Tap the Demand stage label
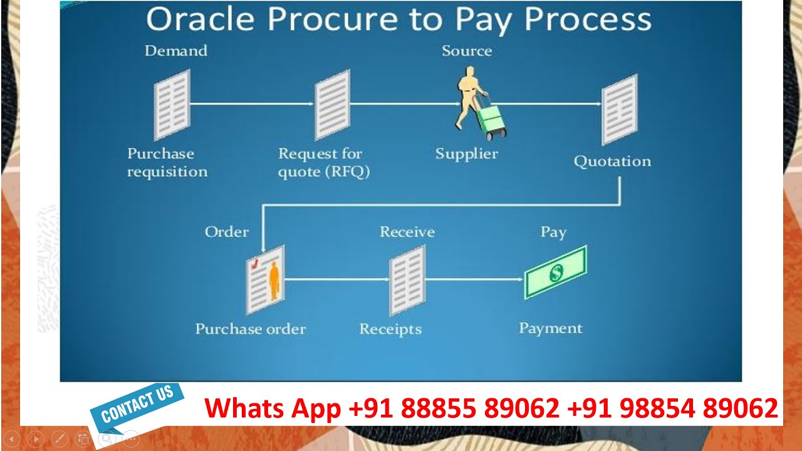click(175, 51)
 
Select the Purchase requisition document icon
click(172, 104)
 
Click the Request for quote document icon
click(332, 104)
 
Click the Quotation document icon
click(619, 109)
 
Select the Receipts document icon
click(407, 279)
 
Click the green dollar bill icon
click(555, 272)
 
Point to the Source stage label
click(467, 51)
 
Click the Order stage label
click(227, 232)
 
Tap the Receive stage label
click(407, 232)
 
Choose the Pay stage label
click(553, 232)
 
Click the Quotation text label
click(612, 161)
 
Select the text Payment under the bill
click(551, 328)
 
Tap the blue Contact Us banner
click(137, 404)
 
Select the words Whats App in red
click(273, 408)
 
